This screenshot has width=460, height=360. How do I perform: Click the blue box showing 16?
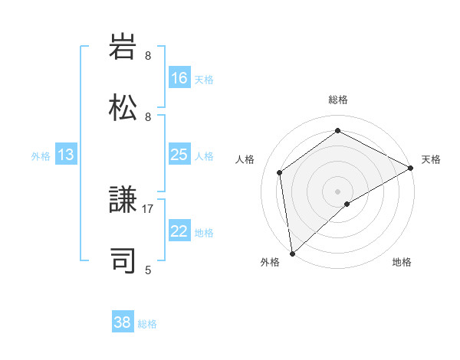[179, 78]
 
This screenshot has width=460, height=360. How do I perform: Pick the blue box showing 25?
[179, 155]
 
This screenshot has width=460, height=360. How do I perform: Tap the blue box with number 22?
[179, 231]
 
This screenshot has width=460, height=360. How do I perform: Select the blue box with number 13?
[66, 155]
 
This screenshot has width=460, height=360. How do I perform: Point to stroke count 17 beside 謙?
[148, 208]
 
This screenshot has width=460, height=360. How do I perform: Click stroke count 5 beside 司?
[148, 270]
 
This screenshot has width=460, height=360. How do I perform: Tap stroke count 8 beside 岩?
[148, 56]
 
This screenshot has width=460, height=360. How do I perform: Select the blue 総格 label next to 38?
[147, 324]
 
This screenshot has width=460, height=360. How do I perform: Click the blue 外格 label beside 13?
[41, 155]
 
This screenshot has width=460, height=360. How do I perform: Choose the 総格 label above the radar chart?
[338, 100]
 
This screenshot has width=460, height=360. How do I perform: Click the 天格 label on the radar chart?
[431, 159]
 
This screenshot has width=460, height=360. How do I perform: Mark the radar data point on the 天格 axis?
[411, 168]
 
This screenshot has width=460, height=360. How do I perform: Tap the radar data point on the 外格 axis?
[292, 253]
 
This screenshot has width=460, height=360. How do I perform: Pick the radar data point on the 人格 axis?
[280, 172]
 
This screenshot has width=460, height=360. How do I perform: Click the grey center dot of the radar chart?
[338, 191]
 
